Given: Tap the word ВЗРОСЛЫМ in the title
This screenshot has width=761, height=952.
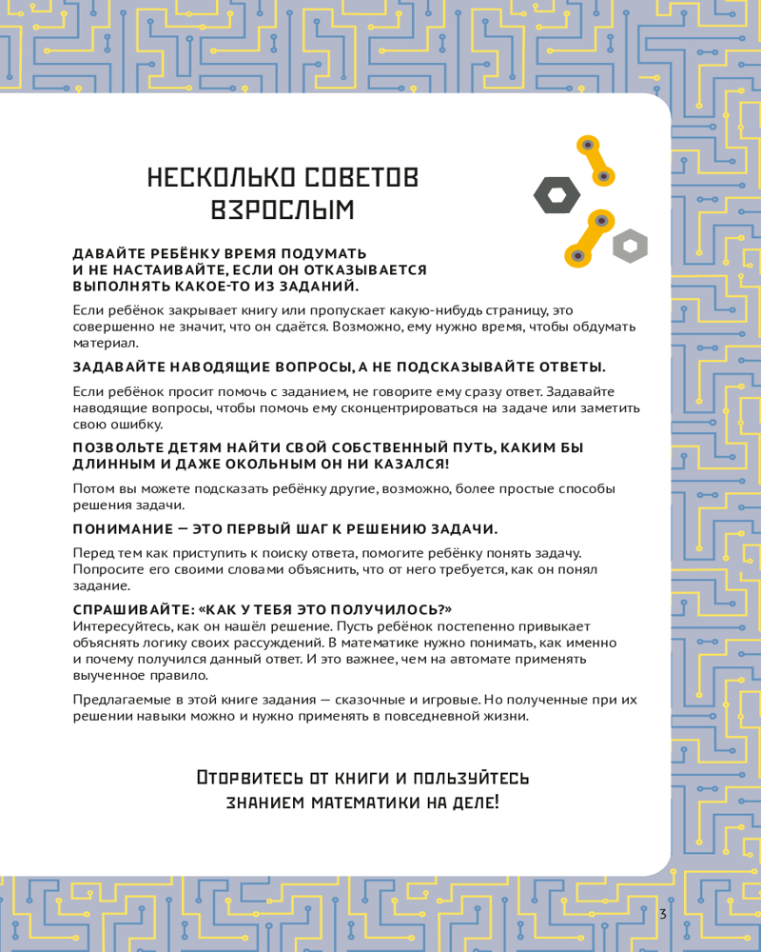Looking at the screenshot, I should pyautogui.click(x=282, y=210).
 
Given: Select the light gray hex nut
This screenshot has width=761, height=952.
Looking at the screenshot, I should pyautogui.click(x=630, y=246).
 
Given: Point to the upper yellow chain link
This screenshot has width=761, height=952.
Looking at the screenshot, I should pyautogui.click(x=596, y=160).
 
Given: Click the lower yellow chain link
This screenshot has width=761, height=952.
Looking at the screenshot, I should pyautogui.click(x=588, y=238).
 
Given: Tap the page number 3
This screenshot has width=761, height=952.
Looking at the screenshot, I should pyautogui.click(x=662, y=915).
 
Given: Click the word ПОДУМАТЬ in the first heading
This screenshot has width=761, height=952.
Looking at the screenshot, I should pyautogui.click(x=313, y=254).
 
